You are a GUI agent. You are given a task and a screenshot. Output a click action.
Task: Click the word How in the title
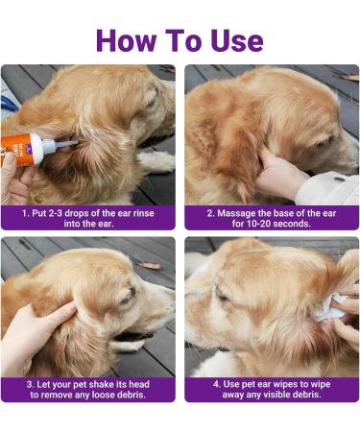click(x=127, y=40)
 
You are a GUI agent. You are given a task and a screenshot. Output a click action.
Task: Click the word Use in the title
click(x=237, y=40)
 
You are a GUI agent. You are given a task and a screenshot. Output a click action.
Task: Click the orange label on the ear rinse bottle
click(x=16, y=151)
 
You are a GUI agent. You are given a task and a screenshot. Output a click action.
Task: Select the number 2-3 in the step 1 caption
click(x=56, y=213)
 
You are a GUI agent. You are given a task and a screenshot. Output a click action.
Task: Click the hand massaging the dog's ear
click(x=278, y=175)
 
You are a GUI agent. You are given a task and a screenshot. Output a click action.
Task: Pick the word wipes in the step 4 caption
click(x=287, y=384)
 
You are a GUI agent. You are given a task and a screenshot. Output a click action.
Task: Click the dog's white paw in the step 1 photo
click(x=156, y=161)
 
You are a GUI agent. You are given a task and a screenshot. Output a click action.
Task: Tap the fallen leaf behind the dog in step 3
click(x=148, y=265)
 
